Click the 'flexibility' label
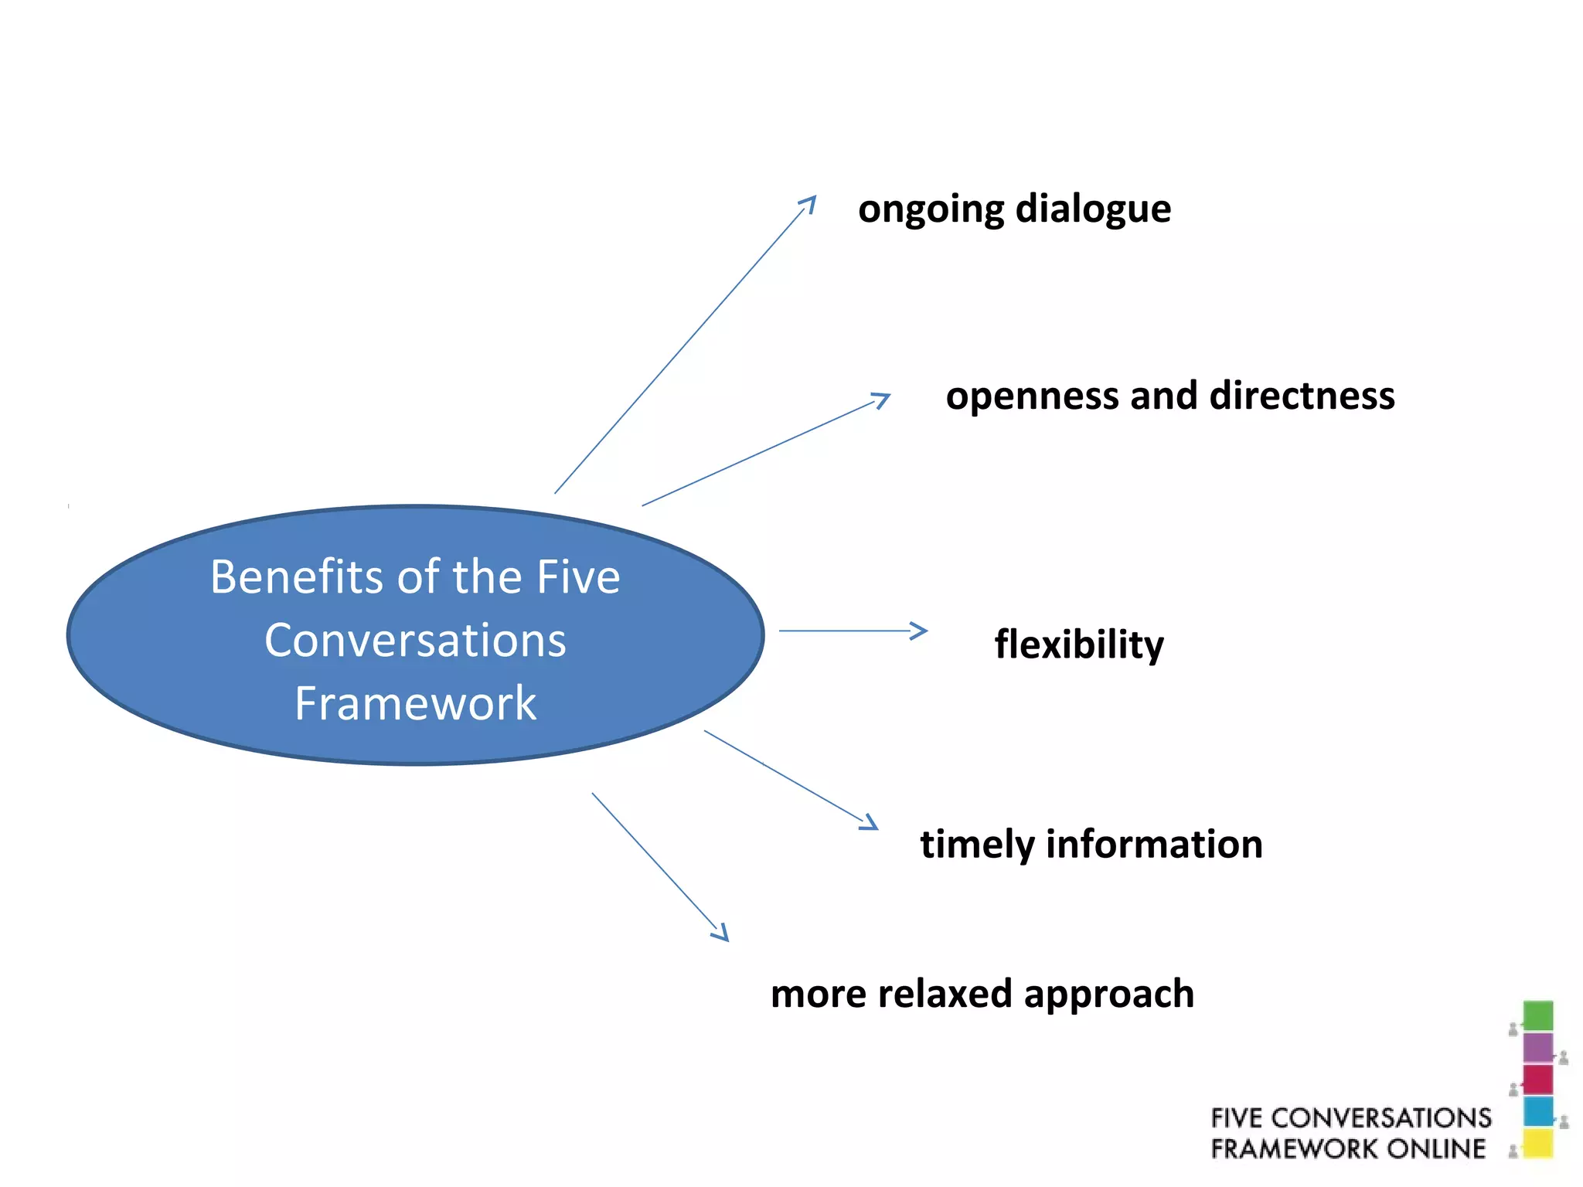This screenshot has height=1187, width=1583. [x=1078, y=645]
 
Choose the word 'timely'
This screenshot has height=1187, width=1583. [x=976, y=845]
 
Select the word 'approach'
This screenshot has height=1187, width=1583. [x=1108, y=995]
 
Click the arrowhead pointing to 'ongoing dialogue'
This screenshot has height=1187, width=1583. [x=810, y=202]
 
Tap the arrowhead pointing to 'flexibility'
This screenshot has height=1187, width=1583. [x=920, y=631]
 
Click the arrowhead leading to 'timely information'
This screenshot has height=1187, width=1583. [x=870, y=824]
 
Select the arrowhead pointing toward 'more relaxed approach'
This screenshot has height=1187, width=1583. [x=722, y=934]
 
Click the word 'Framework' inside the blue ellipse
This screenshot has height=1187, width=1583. [x=415, y=703]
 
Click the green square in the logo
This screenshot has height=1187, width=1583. [x=1537, y=1015]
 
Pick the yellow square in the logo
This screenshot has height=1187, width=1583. [x=1537, y=1144]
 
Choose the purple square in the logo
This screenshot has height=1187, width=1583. [x=1537, y=1048]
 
